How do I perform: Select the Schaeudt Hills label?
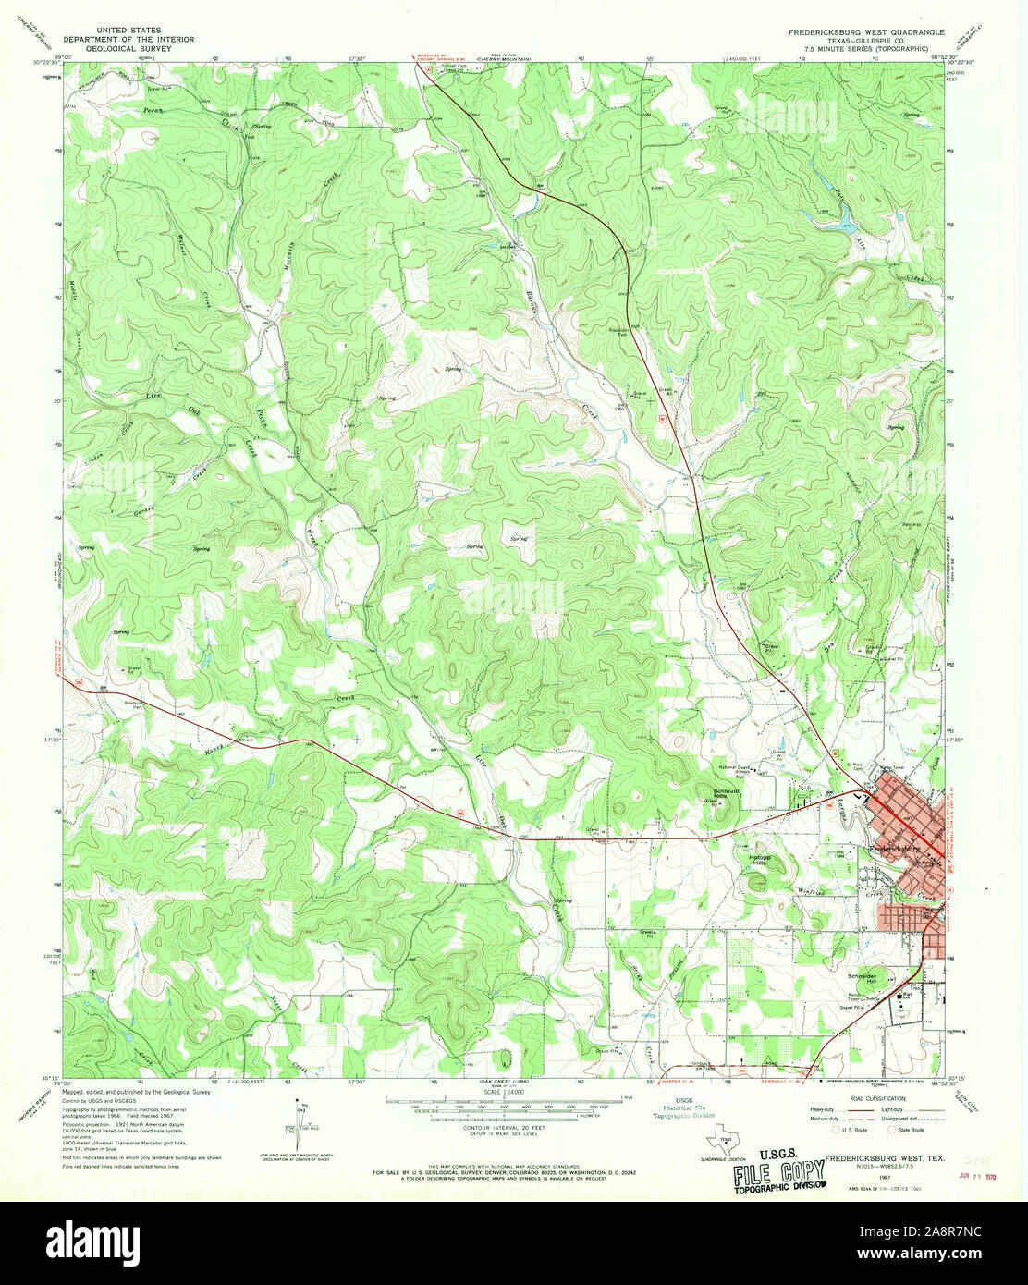point(727,793)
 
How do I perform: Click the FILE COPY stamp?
point(778,1175)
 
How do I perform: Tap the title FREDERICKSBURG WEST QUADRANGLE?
point(866,31)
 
